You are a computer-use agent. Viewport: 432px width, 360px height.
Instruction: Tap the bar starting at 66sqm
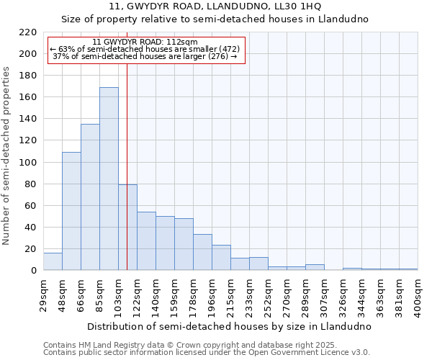tap(90, 197)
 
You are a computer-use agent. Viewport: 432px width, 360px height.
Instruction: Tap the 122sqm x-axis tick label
tap(138, 295)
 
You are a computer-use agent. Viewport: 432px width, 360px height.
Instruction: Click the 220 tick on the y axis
tap(27, 32)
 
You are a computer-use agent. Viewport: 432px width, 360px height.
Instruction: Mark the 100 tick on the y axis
tap(27, 162)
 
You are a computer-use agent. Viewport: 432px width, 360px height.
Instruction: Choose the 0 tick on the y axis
tap(33, 271)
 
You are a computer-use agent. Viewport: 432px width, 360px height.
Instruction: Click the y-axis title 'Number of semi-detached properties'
tap(6, 156)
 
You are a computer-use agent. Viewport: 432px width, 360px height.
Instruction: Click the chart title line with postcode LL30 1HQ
tap(215, 6)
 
